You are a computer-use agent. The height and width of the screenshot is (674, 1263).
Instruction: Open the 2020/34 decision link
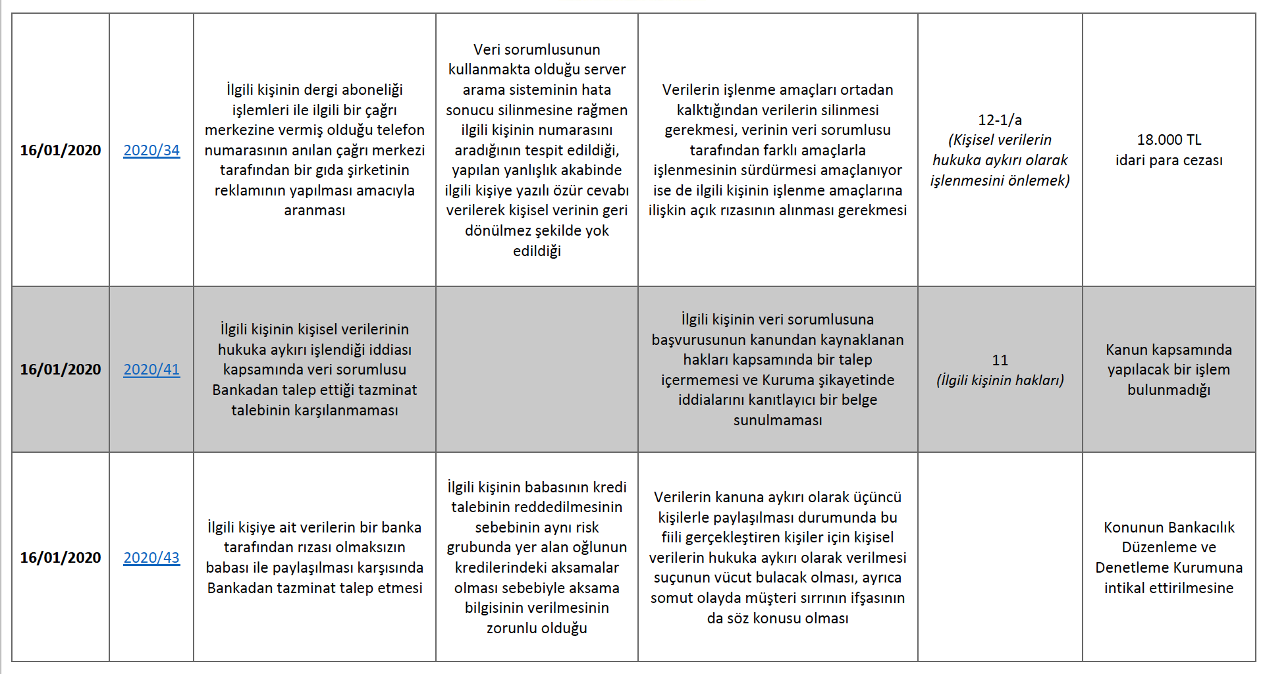(151, 150)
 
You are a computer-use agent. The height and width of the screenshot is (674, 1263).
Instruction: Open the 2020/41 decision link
(151, 369)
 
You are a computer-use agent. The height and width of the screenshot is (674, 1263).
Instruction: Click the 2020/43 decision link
(151, 557)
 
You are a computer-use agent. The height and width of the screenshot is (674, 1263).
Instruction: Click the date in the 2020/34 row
(61, 150)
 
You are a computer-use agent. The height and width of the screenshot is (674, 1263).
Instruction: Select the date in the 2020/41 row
(61, 369)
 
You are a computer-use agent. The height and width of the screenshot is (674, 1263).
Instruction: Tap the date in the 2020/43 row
(61, 557)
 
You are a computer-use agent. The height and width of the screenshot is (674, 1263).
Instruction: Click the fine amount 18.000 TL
(1169, 140)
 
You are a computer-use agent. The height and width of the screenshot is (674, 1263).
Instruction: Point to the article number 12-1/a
(1000, 120)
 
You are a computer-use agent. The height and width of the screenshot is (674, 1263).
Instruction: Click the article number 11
(1000, 360)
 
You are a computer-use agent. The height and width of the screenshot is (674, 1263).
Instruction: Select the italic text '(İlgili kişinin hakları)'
(1000, 380)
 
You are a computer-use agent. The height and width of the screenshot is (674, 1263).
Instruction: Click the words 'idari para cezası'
(1169, 160)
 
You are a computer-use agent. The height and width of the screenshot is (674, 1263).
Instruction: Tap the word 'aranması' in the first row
(314, 210)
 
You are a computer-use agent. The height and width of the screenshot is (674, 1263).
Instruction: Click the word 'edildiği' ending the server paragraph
(537, 251)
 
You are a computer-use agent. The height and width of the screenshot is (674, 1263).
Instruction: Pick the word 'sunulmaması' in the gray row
(778, 420)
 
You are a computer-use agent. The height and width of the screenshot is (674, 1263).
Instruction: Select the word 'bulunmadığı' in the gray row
(1169, 390)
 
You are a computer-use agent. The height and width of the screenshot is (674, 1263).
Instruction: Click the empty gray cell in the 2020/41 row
(537, 369)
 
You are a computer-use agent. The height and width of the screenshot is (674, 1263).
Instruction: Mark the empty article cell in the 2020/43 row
(1000, 557)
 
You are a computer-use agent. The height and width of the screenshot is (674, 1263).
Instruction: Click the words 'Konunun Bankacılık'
(1169, 527)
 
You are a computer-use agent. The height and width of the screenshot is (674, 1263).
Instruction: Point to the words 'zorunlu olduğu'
(537, 628)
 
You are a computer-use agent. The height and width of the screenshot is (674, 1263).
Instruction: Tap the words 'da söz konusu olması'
(778, 618)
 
